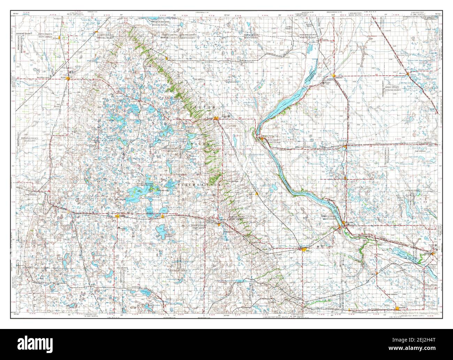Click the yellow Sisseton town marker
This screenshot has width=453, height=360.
tap(216, 118)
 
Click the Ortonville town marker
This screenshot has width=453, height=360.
tap(344, 223)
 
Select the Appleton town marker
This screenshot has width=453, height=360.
tap(432, 254)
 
